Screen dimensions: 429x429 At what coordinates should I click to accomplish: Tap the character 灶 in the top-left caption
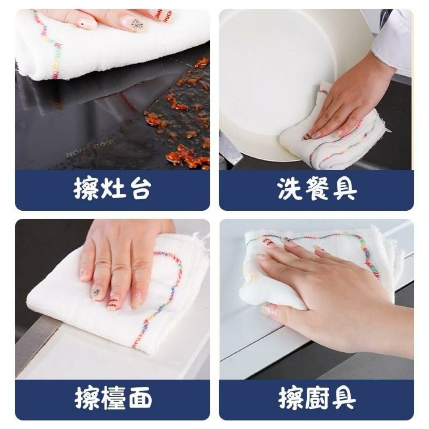[112, 189]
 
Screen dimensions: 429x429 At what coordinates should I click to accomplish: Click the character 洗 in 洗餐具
[289, 189]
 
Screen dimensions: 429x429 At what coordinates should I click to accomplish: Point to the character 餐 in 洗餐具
[317, 189]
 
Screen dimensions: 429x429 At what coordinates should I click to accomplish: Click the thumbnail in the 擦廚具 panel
[267, 310]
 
